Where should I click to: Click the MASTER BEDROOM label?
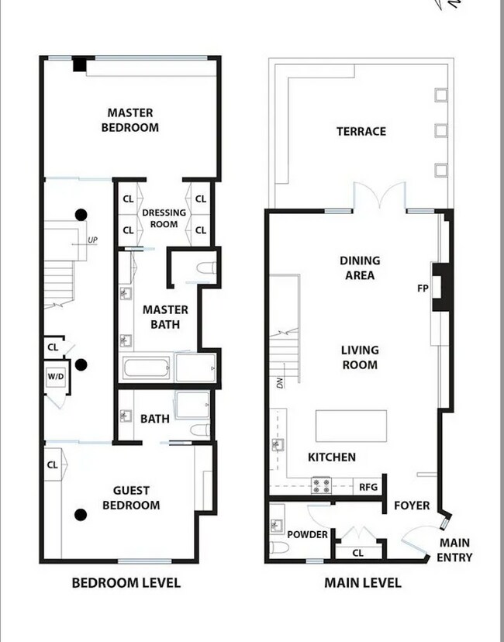point(130,120)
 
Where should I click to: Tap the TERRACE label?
point(361,131)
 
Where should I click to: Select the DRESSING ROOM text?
point(164,219)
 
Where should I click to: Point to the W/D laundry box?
point(56,378)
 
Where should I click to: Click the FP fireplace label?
point(423,288)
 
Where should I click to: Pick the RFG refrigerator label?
point(368,487)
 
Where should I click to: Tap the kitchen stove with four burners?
point(322,487)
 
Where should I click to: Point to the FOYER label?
point(412,506)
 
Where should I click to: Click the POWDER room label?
point(308,534)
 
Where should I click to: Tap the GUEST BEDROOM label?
point(136,498)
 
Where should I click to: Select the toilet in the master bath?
point(205,269)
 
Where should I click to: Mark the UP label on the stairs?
point(92,240)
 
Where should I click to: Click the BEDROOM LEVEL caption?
point(126,582)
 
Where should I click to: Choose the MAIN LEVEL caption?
point(362,582)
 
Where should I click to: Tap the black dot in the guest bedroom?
point(80,514)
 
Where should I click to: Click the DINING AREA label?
point(359,267)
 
